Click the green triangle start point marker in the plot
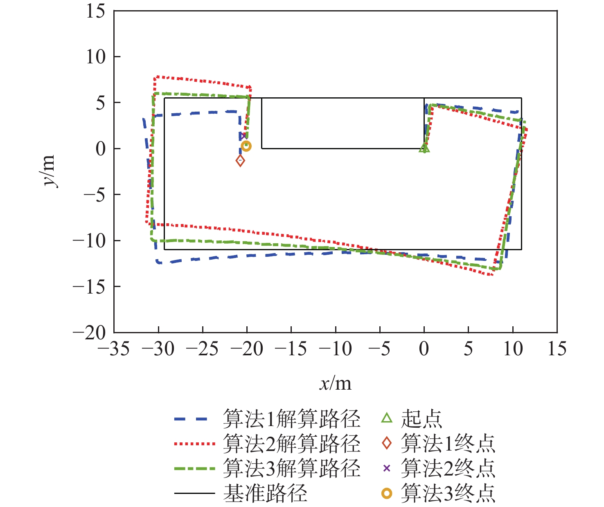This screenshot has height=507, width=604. coord(424,148)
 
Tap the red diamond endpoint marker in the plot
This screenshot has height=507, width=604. coord(241,161)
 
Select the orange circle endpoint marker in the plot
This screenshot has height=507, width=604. coord(246,146)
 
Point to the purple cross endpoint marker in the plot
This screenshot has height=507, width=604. coord(243,136)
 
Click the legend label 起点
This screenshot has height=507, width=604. coord(421,419)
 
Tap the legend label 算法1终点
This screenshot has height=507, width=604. coord(448,444)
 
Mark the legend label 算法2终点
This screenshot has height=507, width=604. coord(448,468)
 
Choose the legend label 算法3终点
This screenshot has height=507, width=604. coord(448,493)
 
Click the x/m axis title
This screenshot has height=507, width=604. coord(335,384)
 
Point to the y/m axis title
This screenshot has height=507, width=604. coord(49,171)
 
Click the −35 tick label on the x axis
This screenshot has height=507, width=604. coord(114,349)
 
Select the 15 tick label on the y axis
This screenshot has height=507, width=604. coord(95,11)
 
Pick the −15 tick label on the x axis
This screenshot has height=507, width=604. coord(291,349)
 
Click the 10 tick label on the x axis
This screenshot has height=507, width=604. coord(513,349)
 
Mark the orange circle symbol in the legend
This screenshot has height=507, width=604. coord(387,494)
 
